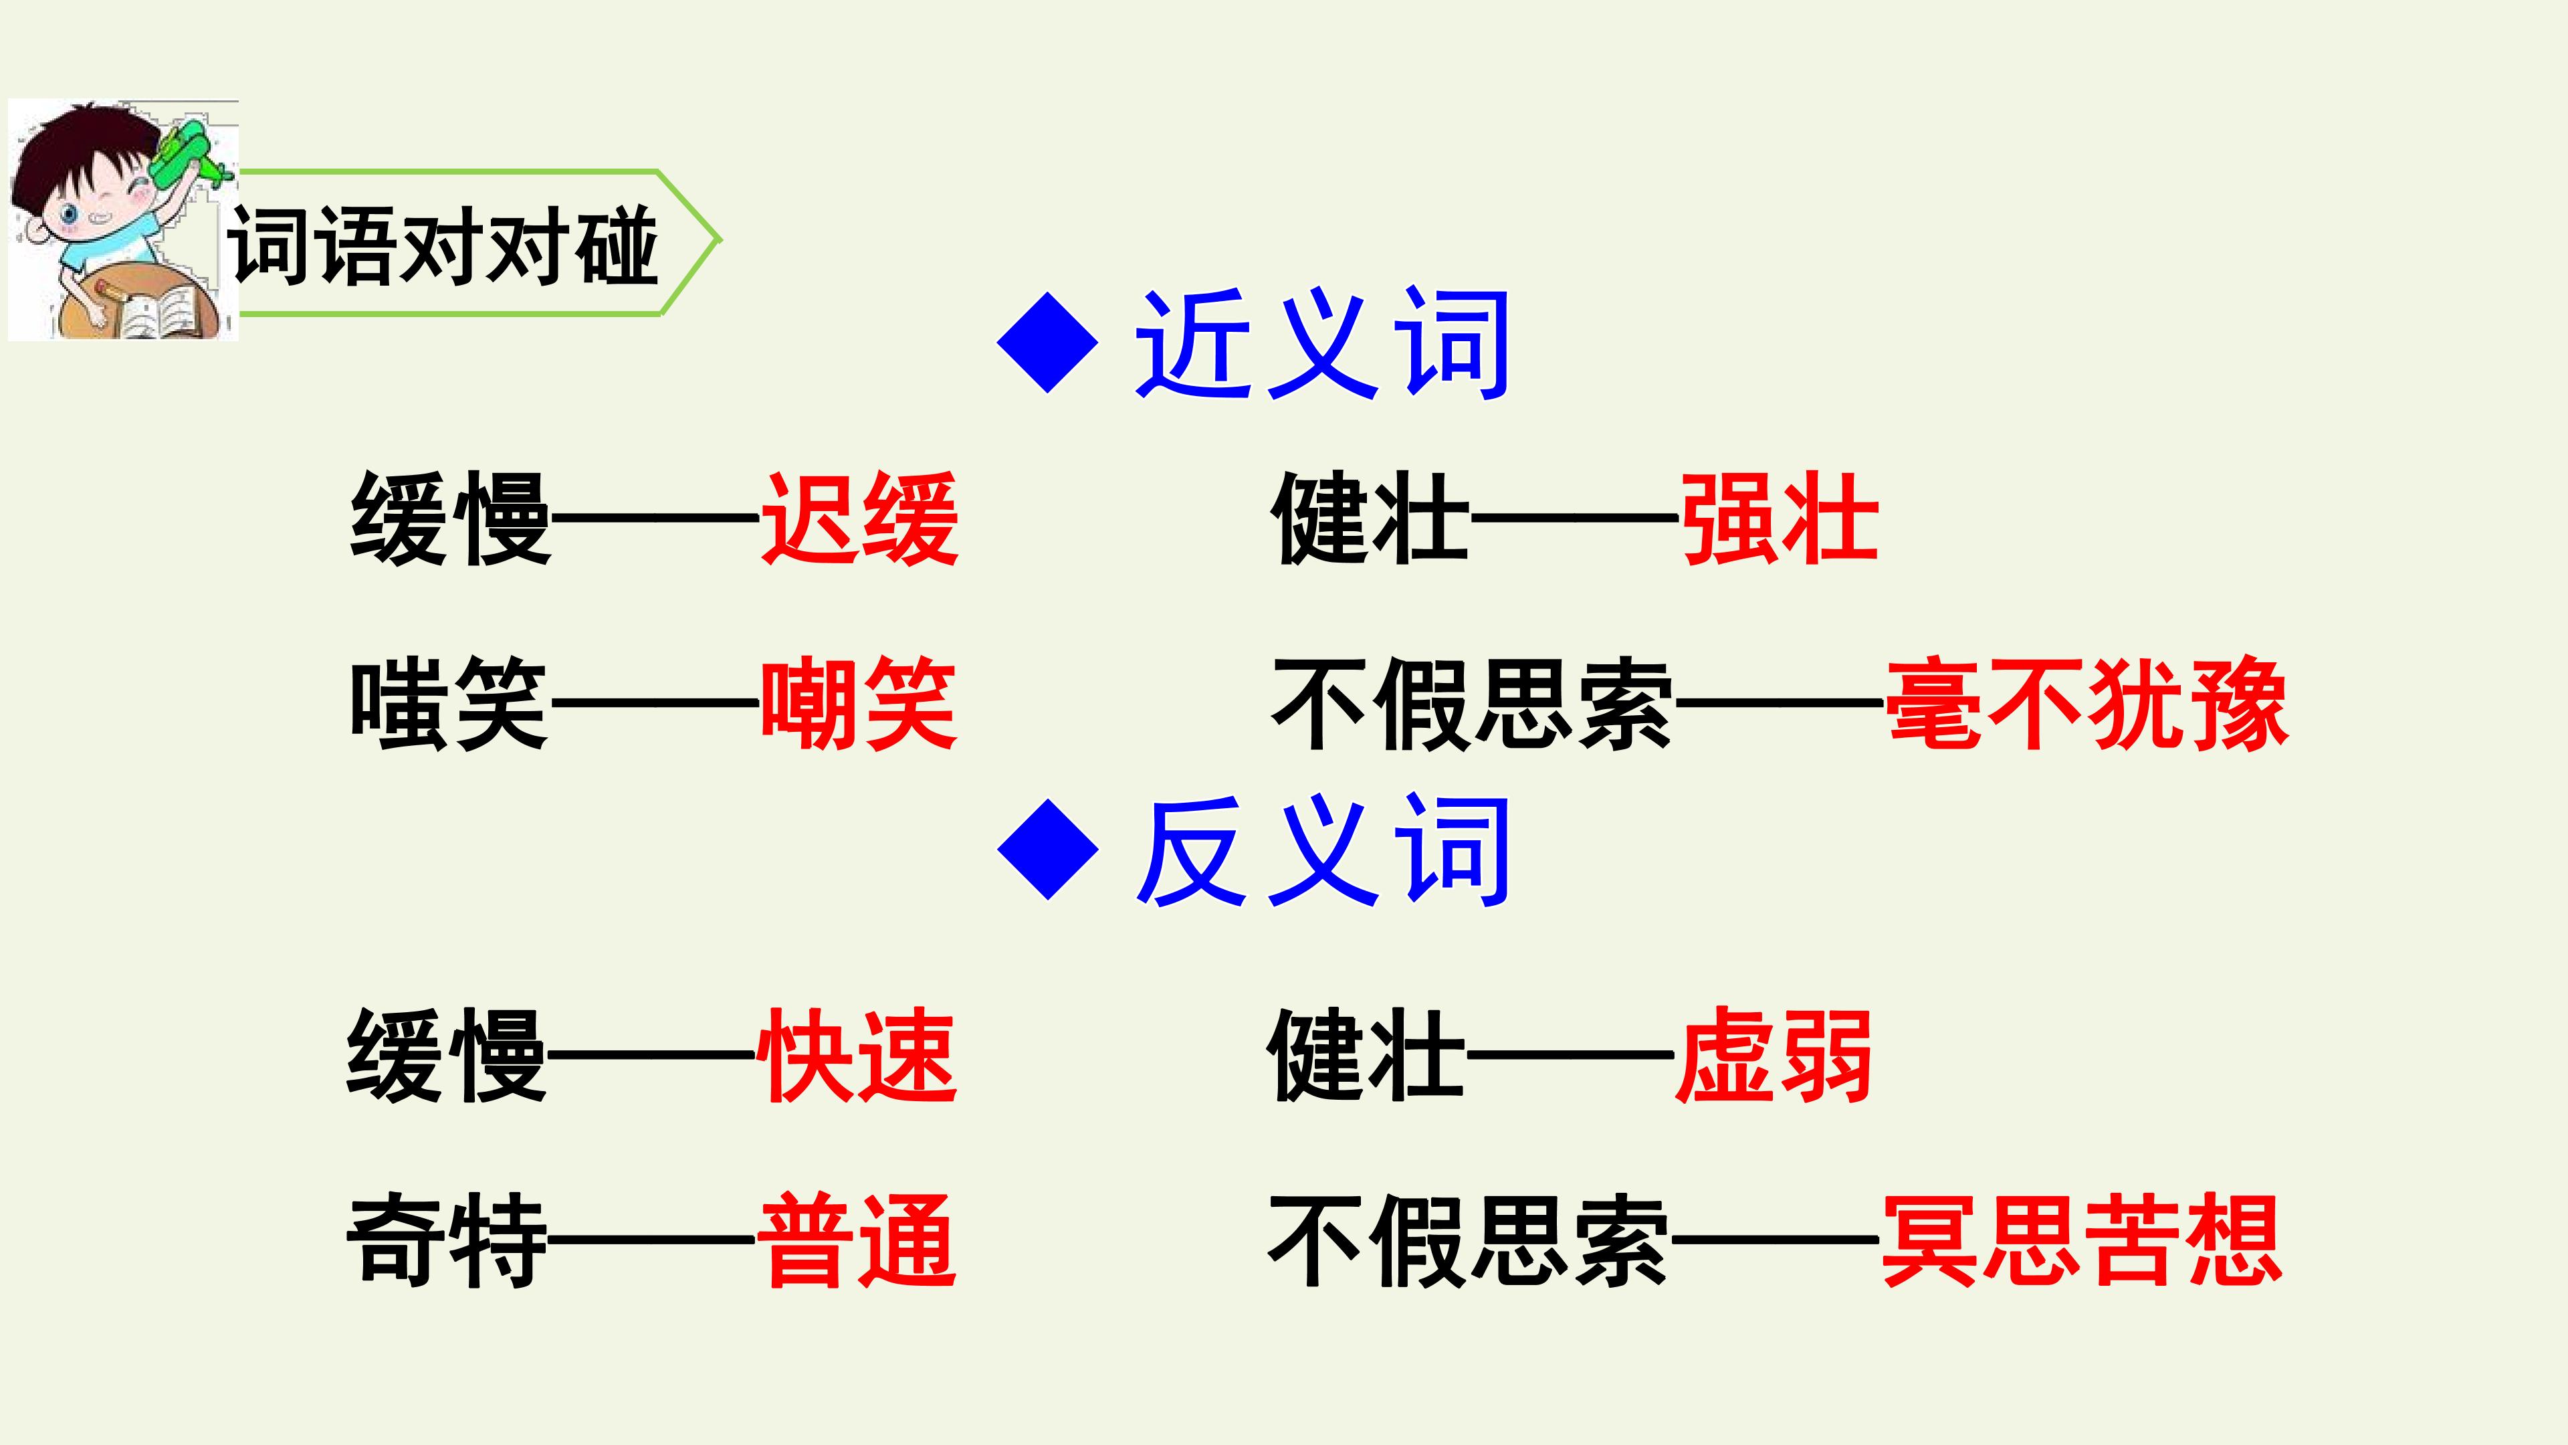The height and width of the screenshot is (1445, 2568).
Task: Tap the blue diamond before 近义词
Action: tap(1048, 343)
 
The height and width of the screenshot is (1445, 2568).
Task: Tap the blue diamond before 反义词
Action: tap(1048, 850)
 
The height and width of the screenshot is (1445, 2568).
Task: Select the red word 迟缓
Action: tap(859, 518)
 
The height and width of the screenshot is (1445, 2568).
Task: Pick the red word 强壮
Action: tap(1780, 518)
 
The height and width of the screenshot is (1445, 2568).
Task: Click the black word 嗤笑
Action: tap(449, 703)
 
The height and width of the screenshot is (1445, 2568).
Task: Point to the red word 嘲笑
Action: tap(859, 703)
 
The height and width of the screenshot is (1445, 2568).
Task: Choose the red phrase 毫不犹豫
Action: tap(2087, 703)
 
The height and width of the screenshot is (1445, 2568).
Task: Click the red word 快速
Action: tap(857, 1055)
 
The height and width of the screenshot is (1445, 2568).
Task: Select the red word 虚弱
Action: tap(1774, 1055)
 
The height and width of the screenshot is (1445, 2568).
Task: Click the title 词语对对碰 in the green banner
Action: tap(443, 246)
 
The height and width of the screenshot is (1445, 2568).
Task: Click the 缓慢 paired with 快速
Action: tap(447, 1055)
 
